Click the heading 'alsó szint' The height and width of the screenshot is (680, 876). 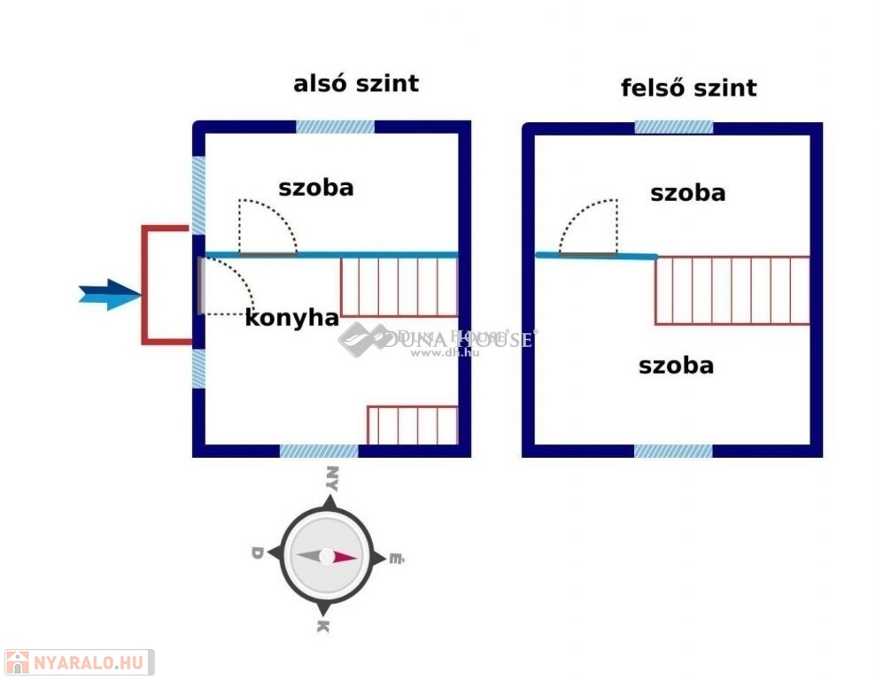[x=355, y=84]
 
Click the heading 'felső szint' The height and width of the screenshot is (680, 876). [x=688, y=89]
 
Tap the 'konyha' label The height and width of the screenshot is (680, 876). [x=291, y=319]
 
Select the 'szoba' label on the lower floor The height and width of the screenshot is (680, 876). [x=315, y=188]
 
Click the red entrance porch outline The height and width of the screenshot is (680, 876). [x=145, y=284]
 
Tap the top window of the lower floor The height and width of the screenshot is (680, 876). [x=335, y=127]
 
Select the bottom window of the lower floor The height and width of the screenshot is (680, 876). [x=319, y=451]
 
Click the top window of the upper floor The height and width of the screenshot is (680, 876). [x=673, y=127]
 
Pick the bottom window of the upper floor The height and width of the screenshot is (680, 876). [x=673, y=451]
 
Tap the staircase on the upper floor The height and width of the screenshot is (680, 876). [x=733, y=290]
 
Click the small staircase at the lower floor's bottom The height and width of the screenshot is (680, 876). [x=412, y=425]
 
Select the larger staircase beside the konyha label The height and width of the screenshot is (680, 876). [x=399, y=286]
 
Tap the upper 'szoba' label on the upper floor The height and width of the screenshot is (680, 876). [x=687, y=193]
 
